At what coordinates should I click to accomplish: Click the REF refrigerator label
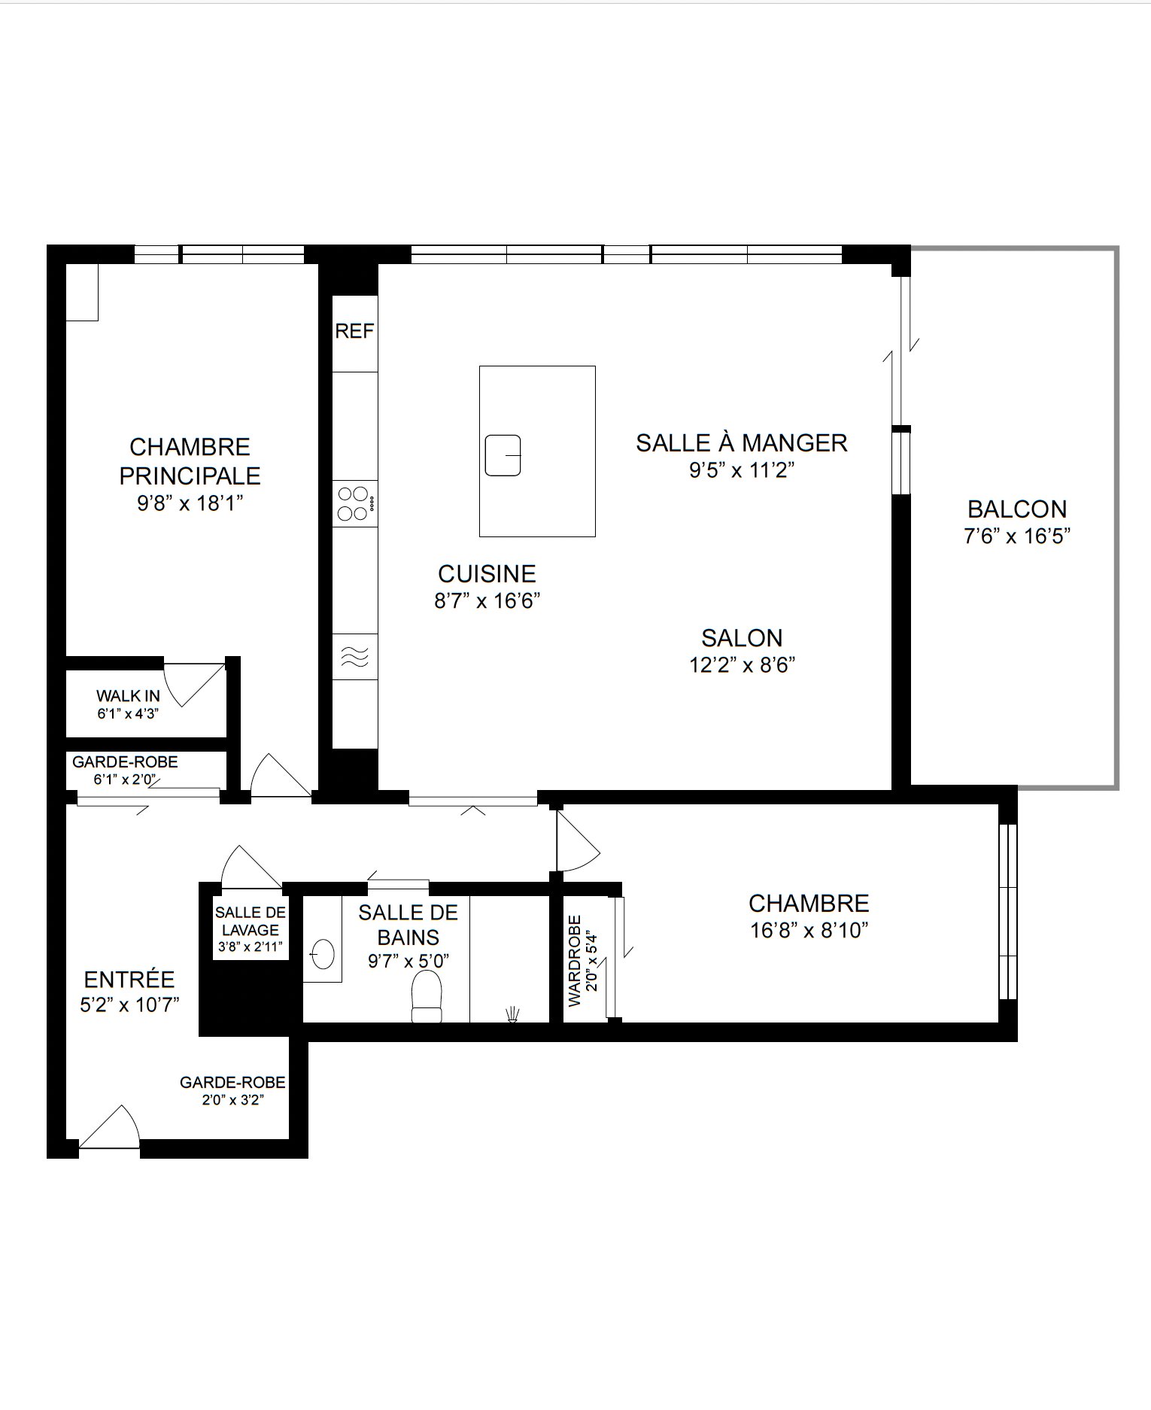click(354, 331)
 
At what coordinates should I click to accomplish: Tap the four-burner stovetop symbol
click(355, 503)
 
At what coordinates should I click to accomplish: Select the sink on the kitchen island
click(503, 455)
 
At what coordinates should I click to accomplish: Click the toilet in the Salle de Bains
click(427, 996)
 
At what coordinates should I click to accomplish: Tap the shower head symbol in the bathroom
click(513, 1013)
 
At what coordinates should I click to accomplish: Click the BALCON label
click(1017, 509)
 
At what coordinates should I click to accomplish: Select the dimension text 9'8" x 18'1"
click(190, 503)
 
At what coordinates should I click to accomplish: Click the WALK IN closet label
click(128, 696)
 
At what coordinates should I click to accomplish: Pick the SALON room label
click(742, 638)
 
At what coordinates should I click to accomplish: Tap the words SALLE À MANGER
click(742, 442)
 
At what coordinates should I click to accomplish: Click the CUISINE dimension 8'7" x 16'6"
click(487, 601)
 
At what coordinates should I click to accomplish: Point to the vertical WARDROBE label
click(575, 961)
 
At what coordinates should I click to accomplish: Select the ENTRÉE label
click(129, 980)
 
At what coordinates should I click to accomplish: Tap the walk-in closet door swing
click(194, 684)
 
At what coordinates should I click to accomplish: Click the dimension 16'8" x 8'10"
click(809, 931)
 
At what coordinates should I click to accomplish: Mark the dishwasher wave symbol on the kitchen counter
click(355, 657)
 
